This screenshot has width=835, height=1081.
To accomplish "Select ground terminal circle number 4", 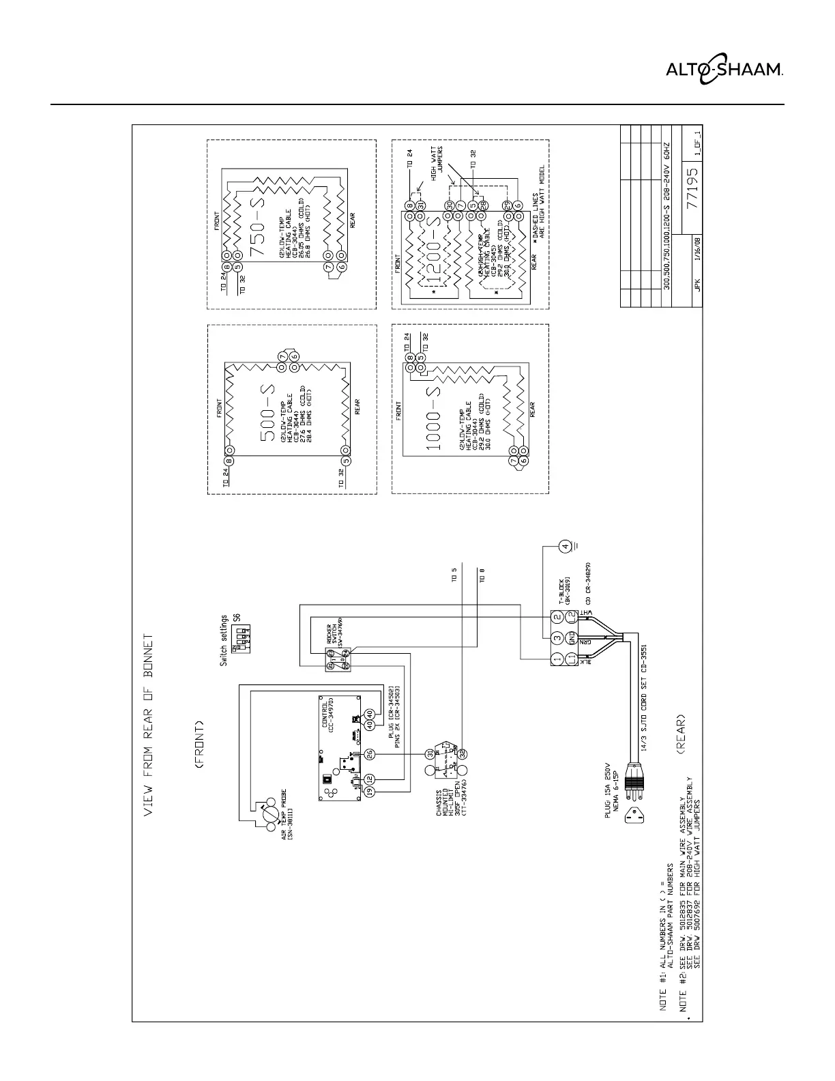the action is click(x=563, y=545).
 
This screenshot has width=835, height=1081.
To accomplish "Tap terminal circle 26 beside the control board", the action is click(x=370, y=753).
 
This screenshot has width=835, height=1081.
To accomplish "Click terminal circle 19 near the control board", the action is click(x=370, y=791).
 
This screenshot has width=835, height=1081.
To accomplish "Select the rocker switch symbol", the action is click(x=340, y=658).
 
